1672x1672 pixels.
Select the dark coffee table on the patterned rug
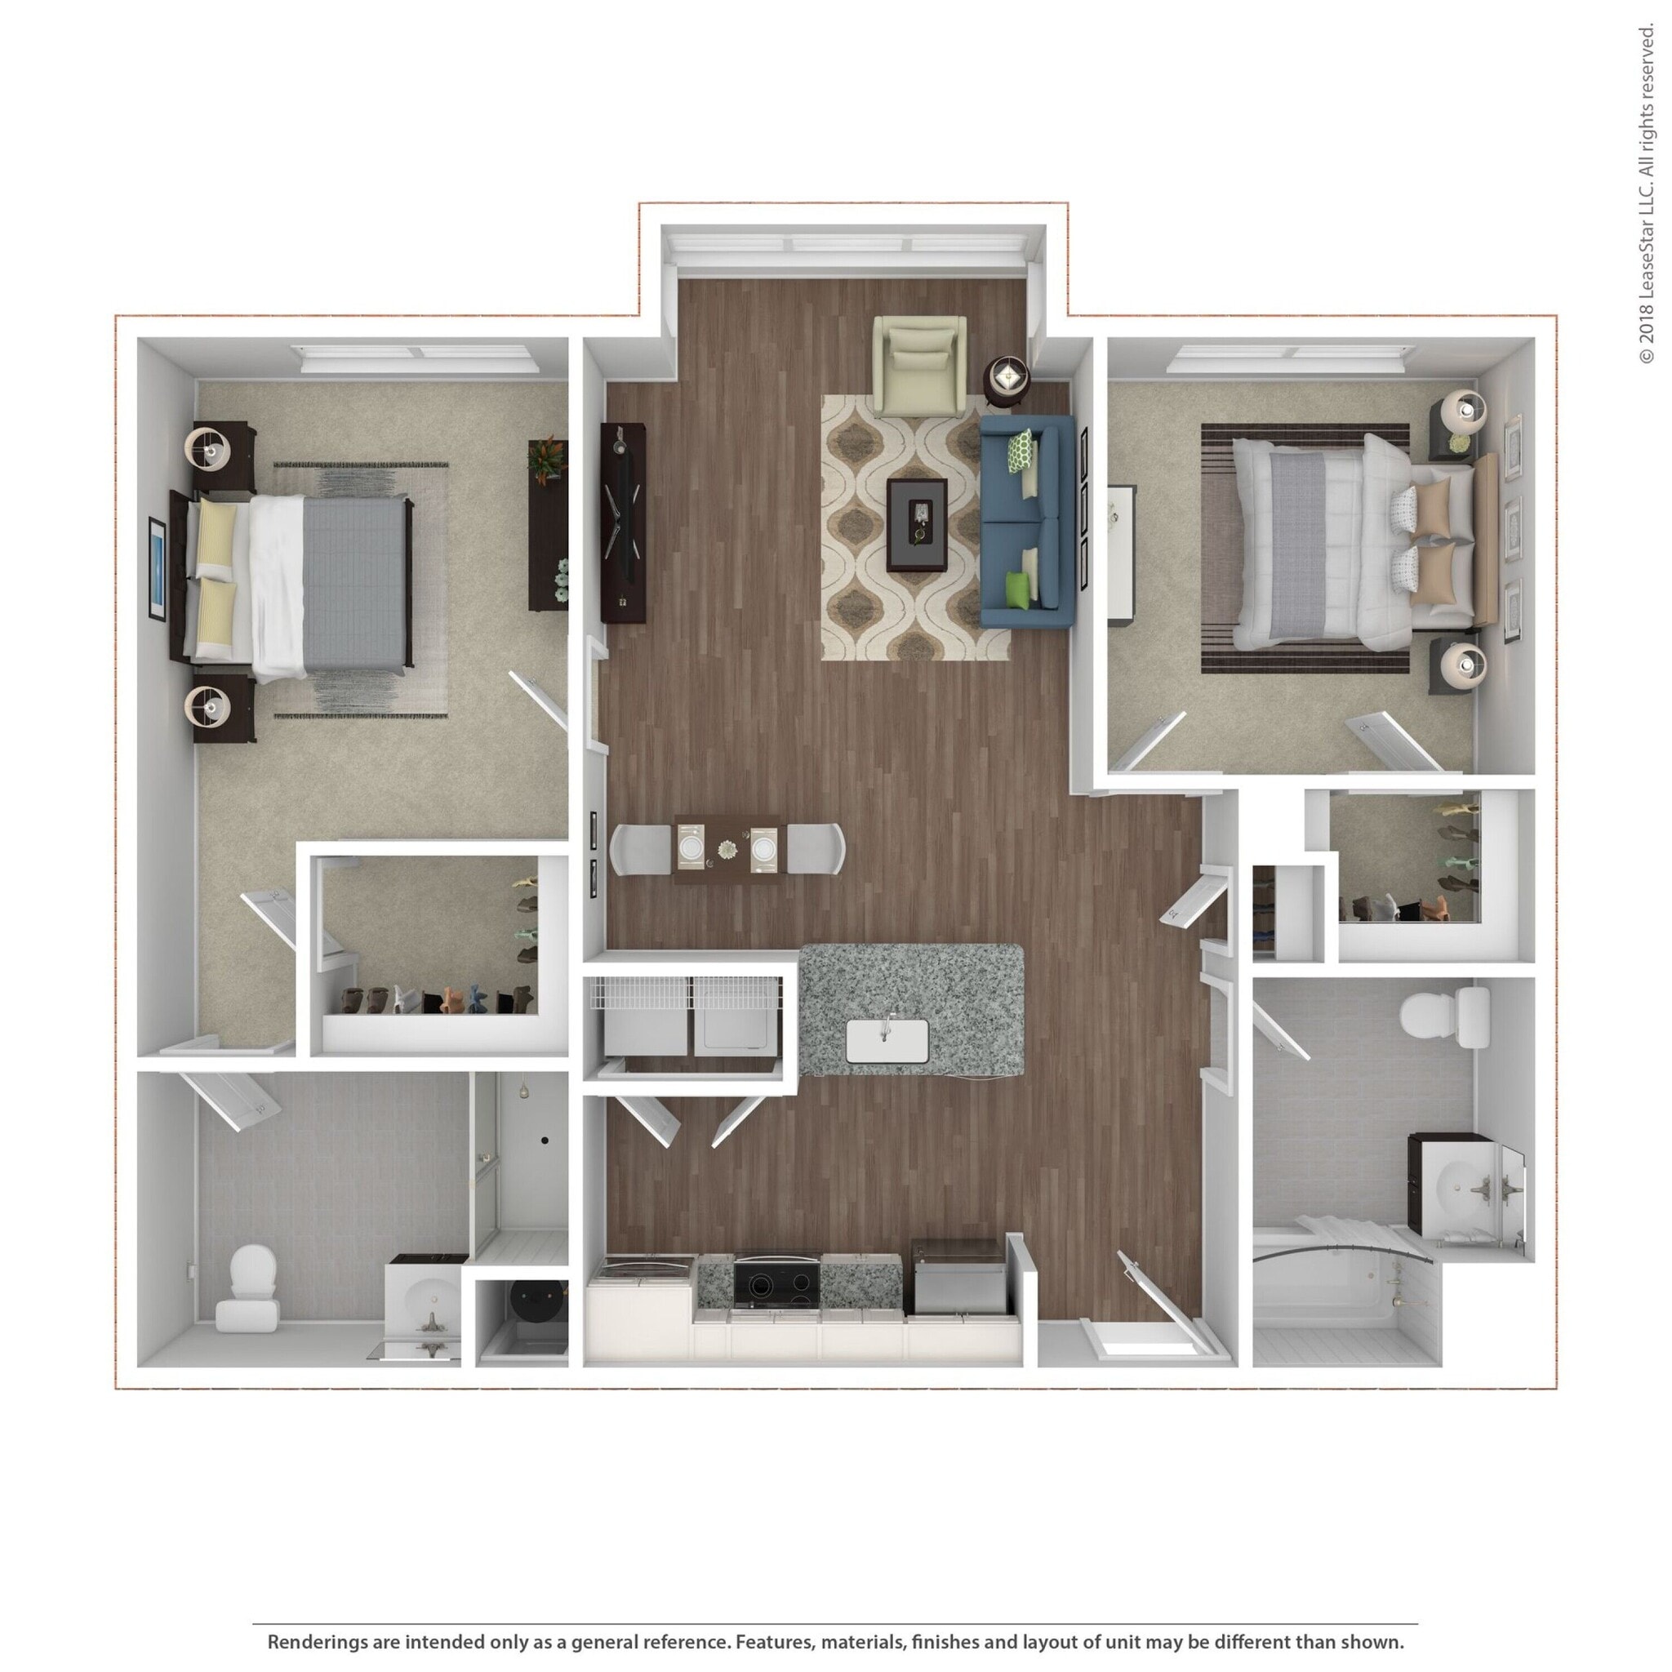tap(918, 524)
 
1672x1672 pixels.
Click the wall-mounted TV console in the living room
tap(623, 522)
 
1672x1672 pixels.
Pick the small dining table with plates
tap(726, 848)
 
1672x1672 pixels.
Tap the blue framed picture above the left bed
tap(157, 567)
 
